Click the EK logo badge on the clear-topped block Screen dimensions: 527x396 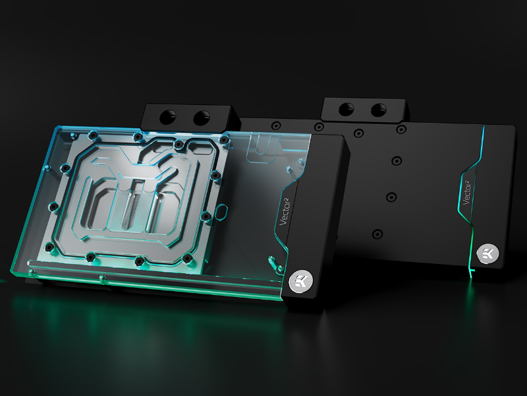tap(301, 280)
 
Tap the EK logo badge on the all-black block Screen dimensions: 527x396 tap(487, 253)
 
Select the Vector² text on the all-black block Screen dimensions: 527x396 tap(468, 193)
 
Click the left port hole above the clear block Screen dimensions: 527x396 tap(167, 117)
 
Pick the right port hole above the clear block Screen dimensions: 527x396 tap(202, 118)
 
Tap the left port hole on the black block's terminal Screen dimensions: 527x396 tap(347, 109)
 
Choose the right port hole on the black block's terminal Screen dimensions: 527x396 tap(378, 110)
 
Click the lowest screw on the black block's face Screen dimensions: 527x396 tap(377, 234)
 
